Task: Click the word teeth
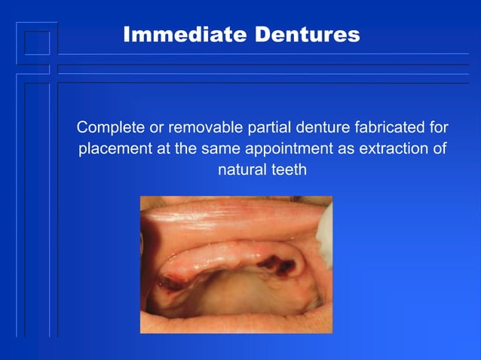289,170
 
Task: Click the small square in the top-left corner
36,43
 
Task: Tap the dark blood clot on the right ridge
269,264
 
